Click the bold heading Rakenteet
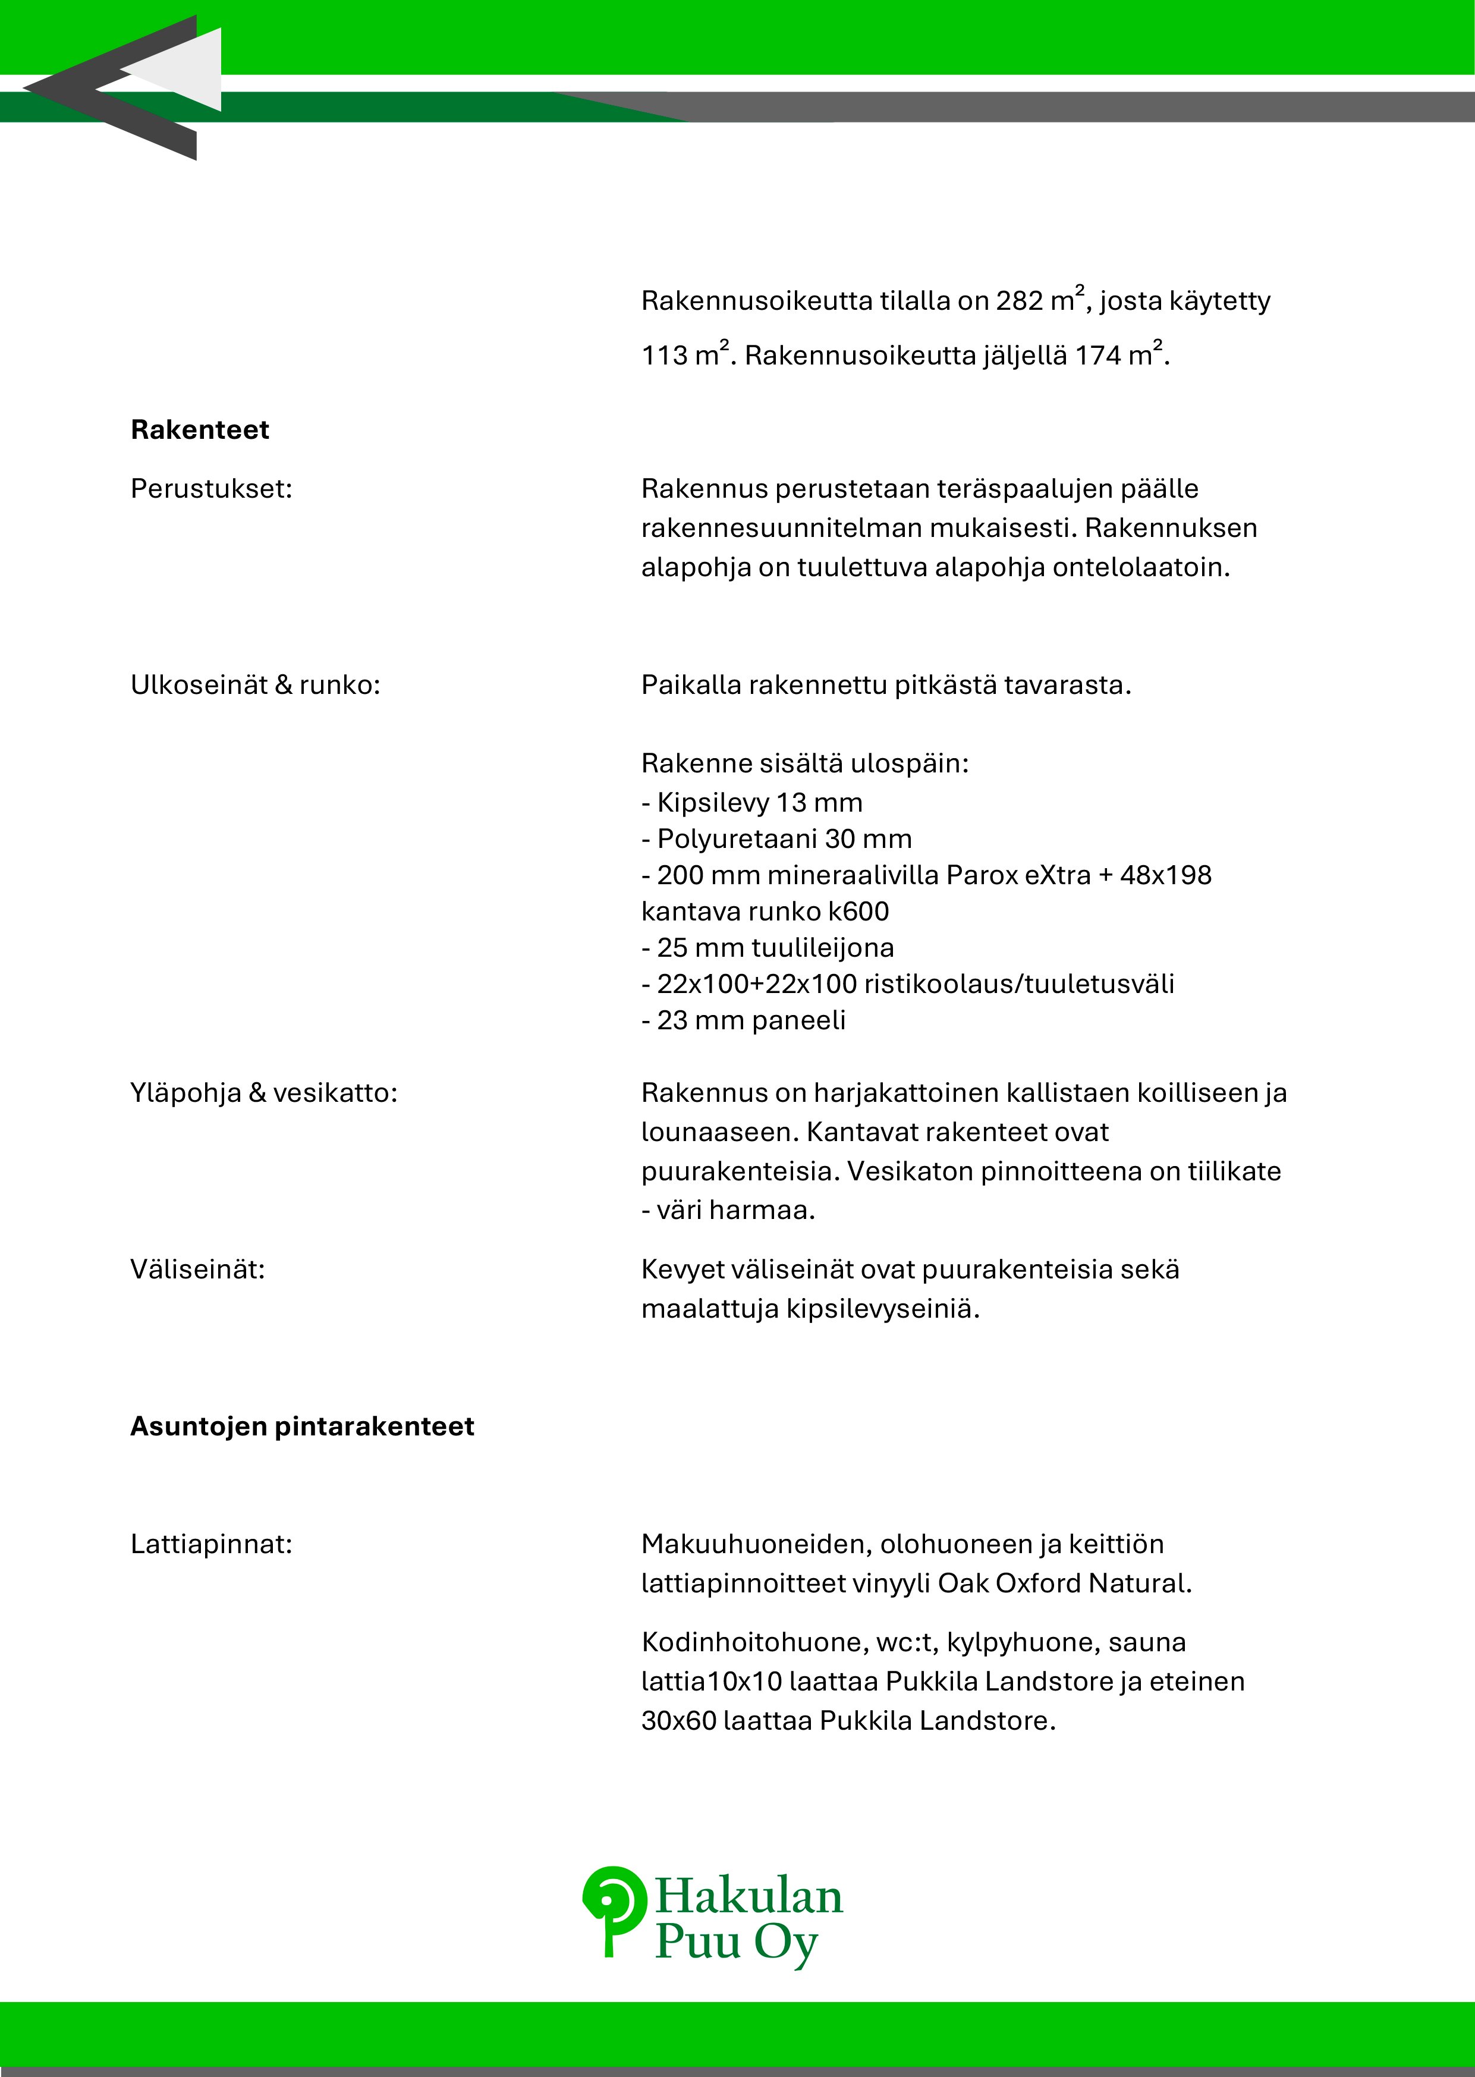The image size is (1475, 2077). point(200,429)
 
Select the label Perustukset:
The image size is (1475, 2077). point(210,489)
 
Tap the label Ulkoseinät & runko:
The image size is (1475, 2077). point(255,685)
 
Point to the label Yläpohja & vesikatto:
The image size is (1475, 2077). point(263,1092)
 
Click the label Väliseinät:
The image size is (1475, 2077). point(197,1269)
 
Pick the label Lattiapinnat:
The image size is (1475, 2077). point(210,1544)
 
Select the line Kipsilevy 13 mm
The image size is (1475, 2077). point(752,803)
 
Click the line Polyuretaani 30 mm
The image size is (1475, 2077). point(776,839)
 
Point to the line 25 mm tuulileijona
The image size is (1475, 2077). point(768,948)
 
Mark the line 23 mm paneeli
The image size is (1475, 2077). point(743,1021)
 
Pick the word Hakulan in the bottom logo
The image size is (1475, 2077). point(748,1897)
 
